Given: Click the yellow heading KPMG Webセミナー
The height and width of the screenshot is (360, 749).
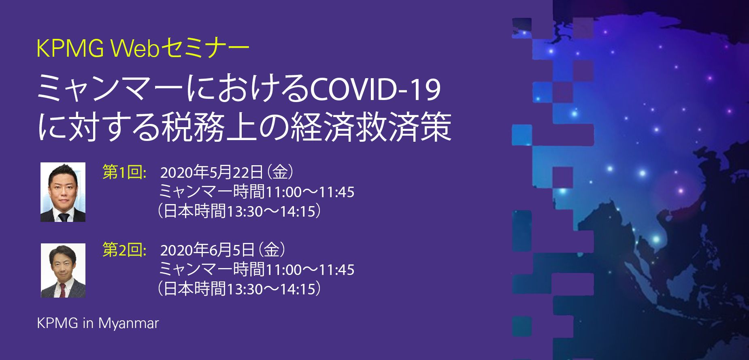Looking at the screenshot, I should pyautogui.click(x=143, y=49).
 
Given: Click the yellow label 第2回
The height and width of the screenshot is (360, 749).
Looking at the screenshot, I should pyautogui.click(x=124, y=250).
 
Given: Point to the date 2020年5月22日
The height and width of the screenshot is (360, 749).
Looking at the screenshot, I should pyautogui.click(x=212, y=173).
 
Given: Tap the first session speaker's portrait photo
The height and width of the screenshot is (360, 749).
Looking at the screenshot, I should pyautogui.click(x=63, y=192).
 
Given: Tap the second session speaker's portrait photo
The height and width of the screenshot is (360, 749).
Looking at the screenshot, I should pyautogui.click(x=63, y=271).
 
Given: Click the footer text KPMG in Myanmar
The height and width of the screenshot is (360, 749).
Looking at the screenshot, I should pyautogui.click(x=98, y=323).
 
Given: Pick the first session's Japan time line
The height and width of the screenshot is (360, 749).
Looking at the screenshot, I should pyautogui.click(x=239, y=211).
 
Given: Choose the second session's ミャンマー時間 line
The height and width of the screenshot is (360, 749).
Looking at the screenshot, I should pyautogui.click(x=257, y=270).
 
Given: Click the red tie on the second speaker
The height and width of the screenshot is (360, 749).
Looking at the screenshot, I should pyautogui.click(x=62, y=290).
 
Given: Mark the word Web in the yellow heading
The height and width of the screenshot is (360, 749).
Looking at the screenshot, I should pyautogui.click(x=135, y=49).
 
